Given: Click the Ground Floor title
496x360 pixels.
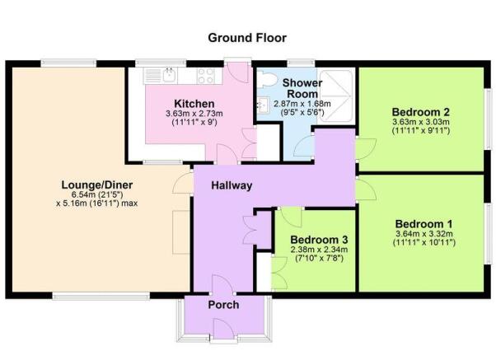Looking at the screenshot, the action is click(247, 38).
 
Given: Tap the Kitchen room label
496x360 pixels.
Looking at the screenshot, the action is click(194, 104).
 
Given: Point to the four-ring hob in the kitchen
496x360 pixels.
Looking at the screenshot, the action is click(206, 76).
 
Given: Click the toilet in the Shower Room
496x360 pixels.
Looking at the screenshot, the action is click(267, 79).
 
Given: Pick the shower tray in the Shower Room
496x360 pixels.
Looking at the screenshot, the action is click(335, 96).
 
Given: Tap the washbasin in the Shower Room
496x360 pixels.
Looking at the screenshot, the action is click(263, 105).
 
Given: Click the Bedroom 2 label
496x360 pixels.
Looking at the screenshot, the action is click(421, 112).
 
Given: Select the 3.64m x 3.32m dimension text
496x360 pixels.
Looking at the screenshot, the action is click(423, 234).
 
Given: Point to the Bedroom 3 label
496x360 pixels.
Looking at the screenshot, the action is click(319, 239).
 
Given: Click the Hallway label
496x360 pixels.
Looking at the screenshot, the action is click(232, 185).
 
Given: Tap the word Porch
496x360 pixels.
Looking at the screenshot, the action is click(223, 305).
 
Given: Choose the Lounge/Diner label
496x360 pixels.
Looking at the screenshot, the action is click(96, 185).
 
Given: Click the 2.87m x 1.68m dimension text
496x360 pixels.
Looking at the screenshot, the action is click(302, 104).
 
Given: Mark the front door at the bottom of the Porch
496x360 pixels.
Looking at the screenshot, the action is click(225, 330).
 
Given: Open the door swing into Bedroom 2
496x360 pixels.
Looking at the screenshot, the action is click(366, 148).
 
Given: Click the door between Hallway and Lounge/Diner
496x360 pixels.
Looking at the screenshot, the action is click(184, 183).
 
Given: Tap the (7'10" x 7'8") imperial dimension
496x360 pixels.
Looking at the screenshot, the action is click(319, 258).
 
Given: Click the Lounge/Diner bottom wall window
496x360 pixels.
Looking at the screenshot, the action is click(101, 296).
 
